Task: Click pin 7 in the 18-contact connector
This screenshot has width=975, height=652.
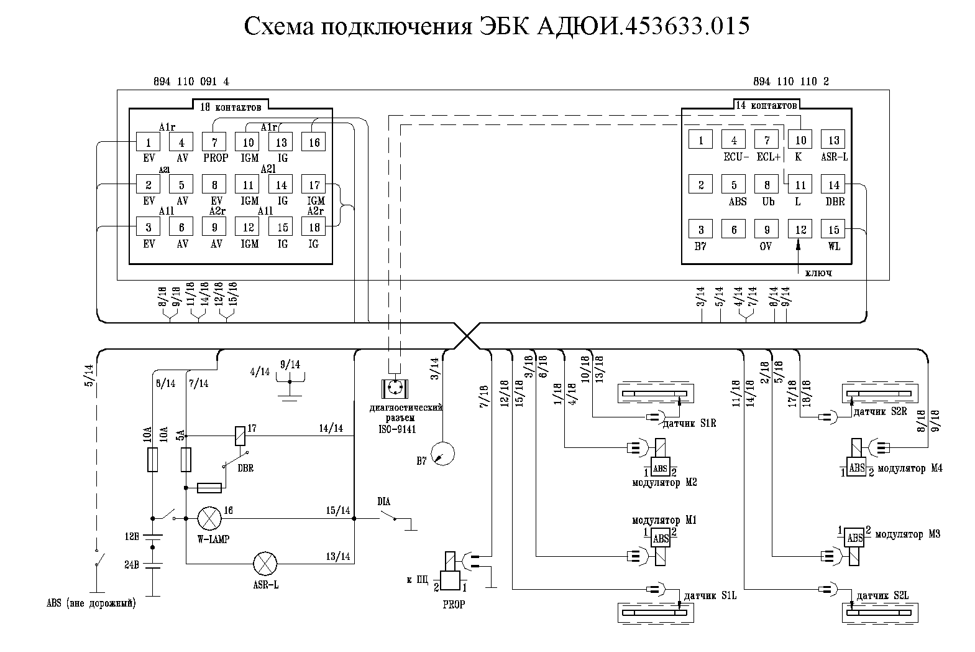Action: pyautogui.click(x=214, y=142)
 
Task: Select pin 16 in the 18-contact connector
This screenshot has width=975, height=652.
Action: pyautogui.click(x=314, y=142)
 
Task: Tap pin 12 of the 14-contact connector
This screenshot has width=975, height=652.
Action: pyautogui.click(x=800, y=230)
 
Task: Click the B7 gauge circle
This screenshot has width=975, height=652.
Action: pyautogui.click(x=443, y=453)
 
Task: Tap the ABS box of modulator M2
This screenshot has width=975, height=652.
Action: pyautogui.click(x=660, y=468)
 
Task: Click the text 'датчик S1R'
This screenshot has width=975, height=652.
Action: pyautogui.click(x=690, y=424)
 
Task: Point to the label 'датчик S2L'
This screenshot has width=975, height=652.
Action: pyautogui.click(x=882, y=595)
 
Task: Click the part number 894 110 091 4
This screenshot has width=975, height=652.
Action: pyautogui.click(x=191, y=81)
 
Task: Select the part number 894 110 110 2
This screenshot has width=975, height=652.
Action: pyautogui.click(x=790, y=81)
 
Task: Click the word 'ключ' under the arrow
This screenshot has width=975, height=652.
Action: pyautogui.click(x=818, y=272)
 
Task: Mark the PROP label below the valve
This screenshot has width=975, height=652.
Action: pyautogui.click(x=454, y=604)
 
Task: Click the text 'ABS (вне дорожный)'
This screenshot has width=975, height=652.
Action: pyautogui.click(x=91, y=603)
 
